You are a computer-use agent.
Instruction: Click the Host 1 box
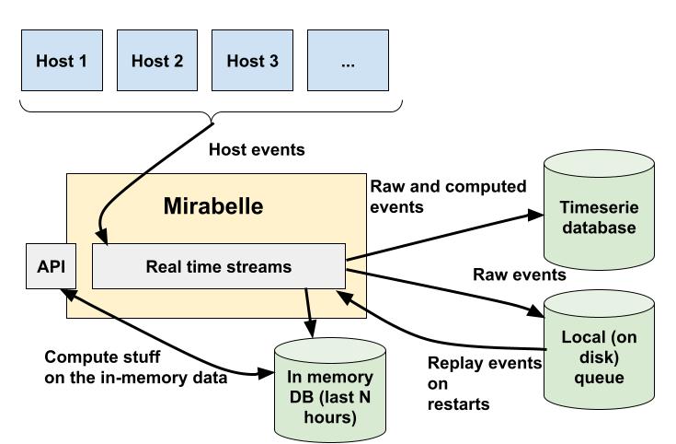62,61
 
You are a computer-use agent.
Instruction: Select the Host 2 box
157,61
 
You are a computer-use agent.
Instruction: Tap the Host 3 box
252,61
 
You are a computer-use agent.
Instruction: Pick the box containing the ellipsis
348,61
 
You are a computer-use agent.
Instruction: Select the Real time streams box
219,267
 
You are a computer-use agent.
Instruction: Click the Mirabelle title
213,206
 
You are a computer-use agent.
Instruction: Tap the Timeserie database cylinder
599,218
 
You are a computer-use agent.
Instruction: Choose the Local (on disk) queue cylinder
598,355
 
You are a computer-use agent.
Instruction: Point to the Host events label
257,149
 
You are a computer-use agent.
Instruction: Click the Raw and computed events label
448,196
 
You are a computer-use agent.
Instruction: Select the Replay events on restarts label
484,383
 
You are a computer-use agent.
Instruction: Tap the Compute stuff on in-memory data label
136,367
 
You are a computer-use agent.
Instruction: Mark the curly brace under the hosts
212,112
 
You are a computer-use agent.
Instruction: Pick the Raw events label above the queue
520,275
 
